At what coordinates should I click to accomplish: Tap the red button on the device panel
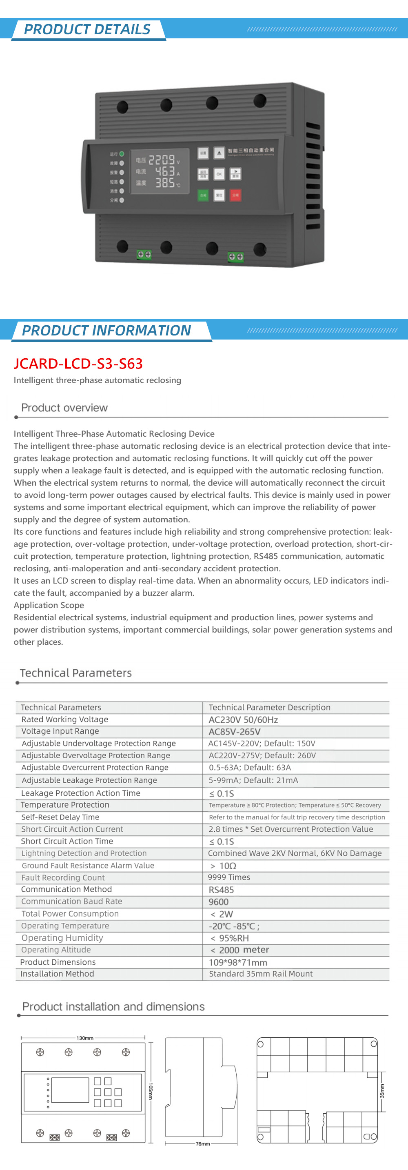click(x=235, y=195)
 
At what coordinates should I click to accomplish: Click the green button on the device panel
click(x=203, y=195)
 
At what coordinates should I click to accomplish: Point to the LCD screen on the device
click(x=160, y=171)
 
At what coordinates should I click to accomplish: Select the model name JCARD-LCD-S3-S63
click(x=78, y=363)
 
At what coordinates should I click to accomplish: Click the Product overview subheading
click(x=64, y=407)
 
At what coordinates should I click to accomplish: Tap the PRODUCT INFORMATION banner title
click(x=106, y=330)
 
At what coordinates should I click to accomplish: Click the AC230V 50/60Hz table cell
click(x=243, y=719)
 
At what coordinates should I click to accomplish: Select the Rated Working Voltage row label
click(x=65, y=719)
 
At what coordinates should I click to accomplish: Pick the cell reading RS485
click(x=221, y=889)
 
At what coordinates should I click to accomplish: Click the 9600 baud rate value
click(x=218, y=901)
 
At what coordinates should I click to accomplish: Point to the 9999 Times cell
click(x=229, y=877)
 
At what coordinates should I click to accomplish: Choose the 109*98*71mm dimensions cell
click(x=238, y=962)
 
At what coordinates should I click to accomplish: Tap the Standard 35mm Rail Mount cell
click(x=260, y=974)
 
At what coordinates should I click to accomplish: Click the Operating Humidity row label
click(x=62, y=938)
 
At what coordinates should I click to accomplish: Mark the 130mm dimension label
click(x=85, y=1038)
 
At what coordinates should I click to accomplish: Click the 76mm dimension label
click(x=203, y=1143)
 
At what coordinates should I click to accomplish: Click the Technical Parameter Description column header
click(x=270, y=707)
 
